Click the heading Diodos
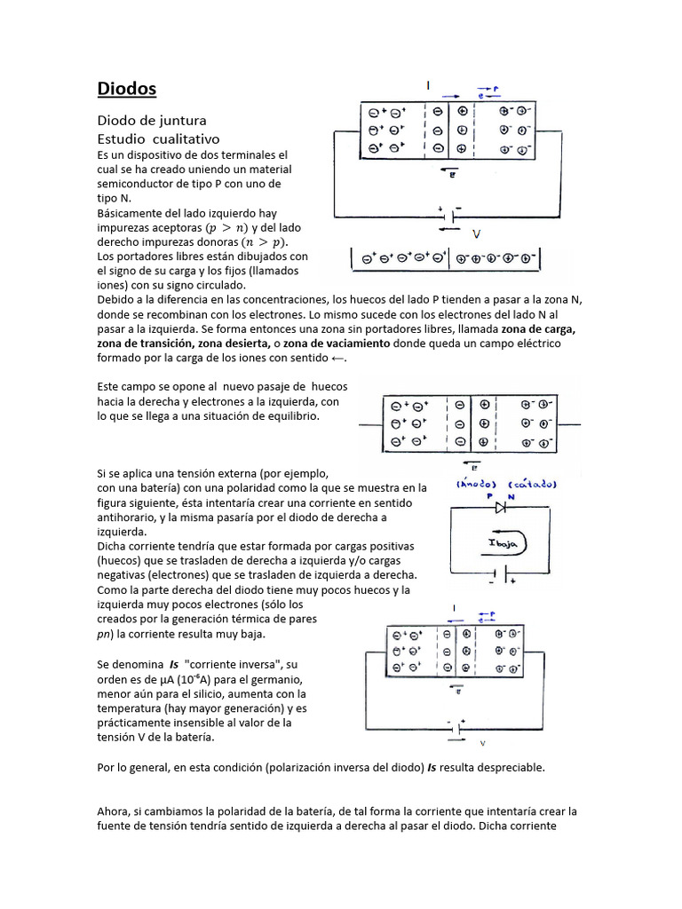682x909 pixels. click(x=126, y=89)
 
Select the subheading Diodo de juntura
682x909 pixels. click(x=151, y=120)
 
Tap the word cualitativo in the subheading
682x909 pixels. click(x=185, y=139)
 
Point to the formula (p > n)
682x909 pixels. click(x=226, y=227)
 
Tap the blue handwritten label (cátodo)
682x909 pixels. click(x=532, y=485)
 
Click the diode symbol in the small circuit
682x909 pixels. click(x=502, y=509)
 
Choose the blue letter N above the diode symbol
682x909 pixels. click(x=523, y=498)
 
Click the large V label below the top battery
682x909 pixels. click(x=477, y=234)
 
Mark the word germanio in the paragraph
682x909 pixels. click(x=279, y=679)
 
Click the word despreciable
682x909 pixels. click(x=504, y=768)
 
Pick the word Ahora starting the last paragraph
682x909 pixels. click(x=114, y=811)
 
